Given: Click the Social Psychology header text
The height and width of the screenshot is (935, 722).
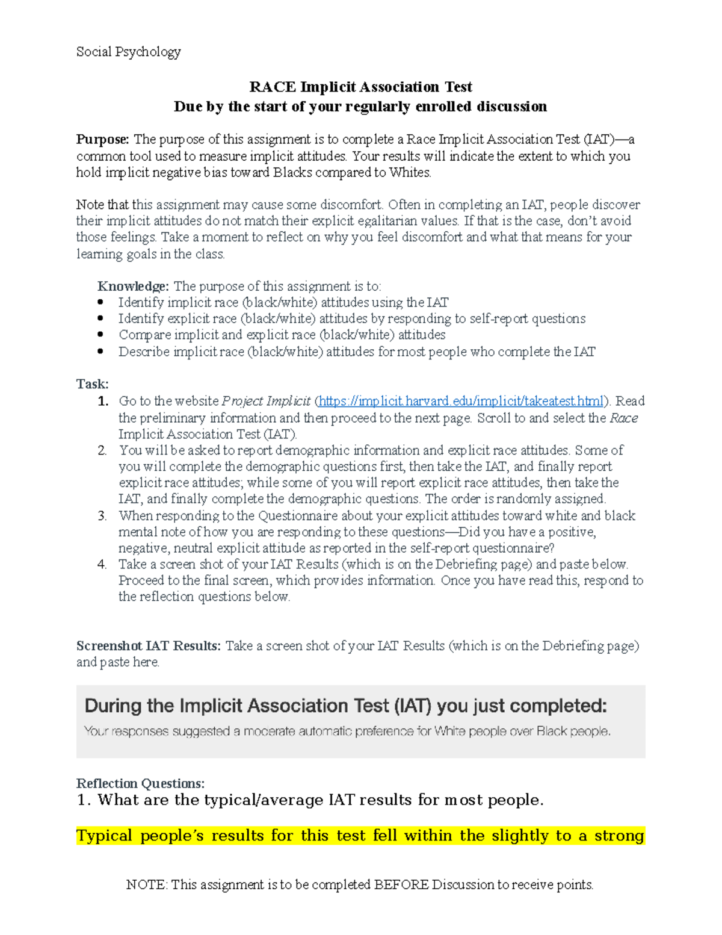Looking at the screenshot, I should [x=128, y=52].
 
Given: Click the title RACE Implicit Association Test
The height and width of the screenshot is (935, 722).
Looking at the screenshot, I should [x=360, y=87].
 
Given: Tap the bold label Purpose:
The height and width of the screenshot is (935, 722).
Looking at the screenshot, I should [x=102, y=140].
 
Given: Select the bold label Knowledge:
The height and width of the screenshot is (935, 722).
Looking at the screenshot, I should [x=133, y=287].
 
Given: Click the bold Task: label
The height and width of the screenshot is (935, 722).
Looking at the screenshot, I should [x=92, y=384].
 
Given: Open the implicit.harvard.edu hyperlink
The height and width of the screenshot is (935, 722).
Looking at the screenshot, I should [x=461, y=402].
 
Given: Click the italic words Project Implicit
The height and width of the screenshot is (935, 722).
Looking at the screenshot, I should [x=266, y=402].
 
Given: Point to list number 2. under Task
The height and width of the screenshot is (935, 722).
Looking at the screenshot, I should [x=102, y=450].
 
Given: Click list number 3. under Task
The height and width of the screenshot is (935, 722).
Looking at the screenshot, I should [x=102, y=516].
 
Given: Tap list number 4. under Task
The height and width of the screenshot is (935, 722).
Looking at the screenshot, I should [x=102, y=565].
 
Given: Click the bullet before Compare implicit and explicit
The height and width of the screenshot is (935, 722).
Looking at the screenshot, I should [x=100, y=335].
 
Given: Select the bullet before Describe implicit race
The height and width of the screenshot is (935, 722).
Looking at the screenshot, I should [x=100, y=352].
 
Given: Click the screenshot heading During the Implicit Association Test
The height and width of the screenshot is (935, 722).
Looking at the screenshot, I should [x=345, y=706].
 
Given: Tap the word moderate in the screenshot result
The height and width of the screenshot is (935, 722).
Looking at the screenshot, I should [x=269, y=732].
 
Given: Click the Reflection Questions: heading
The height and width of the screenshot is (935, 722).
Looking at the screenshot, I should [x=140, y=783].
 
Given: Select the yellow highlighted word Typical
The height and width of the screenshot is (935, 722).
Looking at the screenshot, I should [x=104, y=836].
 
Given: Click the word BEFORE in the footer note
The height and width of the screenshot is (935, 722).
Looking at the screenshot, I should [x=401, y=884].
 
